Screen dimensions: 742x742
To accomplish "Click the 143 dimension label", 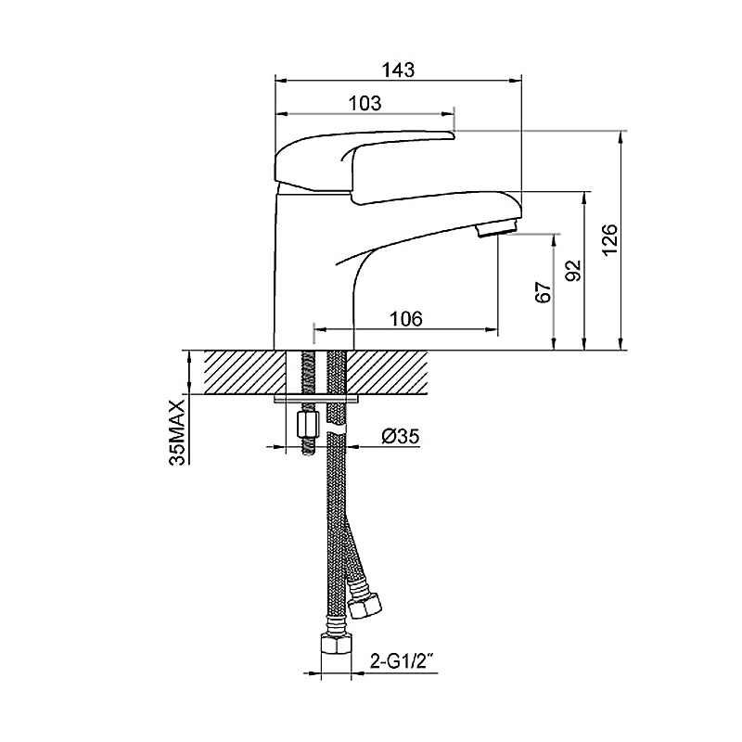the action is point(398,70).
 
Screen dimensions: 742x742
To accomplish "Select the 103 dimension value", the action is point(365,103).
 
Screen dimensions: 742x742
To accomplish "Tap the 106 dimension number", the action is point(405,319).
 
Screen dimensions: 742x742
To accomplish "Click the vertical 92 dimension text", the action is point(573,271).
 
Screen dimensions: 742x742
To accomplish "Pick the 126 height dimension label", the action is point(610,240).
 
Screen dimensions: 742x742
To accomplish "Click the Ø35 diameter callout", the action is point(401,437).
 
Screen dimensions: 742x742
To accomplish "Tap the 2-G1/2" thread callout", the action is point(403,662).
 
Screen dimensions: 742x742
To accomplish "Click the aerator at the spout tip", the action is point(498,228).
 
